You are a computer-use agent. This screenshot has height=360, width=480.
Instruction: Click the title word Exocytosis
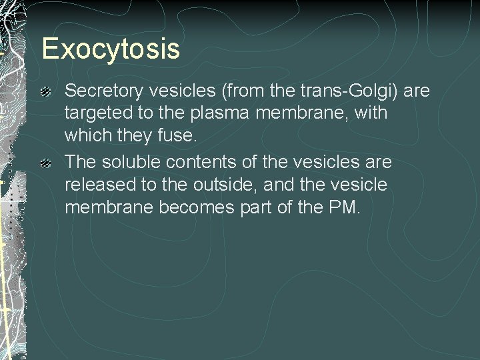pyautogui.click(x=111, y=49)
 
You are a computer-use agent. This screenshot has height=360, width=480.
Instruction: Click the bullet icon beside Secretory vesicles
pyautogui.click(x=46, y=91)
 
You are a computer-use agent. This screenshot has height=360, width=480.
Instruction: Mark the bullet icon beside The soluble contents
pyautogui.click(x=46, y=163)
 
